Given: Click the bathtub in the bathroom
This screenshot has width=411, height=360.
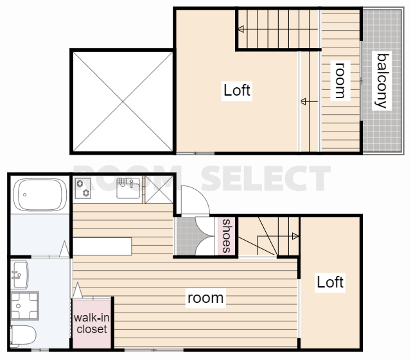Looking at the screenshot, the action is pos(40,194).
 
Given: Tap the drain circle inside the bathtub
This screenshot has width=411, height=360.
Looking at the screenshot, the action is pos(24,194).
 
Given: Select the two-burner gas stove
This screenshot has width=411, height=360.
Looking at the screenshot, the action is pos(83,188).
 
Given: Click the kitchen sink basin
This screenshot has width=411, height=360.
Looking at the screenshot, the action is pos(128,188).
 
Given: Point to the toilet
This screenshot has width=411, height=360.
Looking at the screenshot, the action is pos(22,335).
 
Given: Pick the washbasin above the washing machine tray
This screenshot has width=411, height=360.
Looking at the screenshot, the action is pos(20,275).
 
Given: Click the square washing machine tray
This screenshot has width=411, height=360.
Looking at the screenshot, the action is pos(25,306).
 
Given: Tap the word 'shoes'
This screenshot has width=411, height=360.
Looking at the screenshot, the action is pos(227,236).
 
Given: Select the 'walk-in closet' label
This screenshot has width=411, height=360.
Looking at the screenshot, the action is pos(92,323).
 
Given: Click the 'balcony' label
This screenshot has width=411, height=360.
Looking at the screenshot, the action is pos(382,81).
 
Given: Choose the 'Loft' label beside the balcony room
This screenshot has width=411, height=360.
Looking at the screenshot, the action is pos(237,90).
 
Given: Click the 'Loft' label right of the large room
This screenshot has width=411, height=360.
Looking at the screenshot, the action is pos(330,282).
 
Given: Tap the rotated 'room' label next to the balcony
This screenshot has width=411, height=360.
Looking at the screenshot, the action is pos(340,80).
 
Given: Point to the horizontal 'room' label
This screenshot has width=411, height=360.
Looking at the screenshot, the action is pos(205,298).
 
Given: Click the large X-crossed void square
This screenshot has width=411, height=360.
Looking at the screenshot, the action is pos(123,101).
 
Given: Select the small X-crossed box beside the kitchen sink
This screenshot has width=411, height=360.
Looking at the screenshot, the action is pos(159,190).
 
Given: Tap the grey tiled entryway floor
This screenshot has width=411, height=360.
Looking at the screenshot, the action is pos(186,236).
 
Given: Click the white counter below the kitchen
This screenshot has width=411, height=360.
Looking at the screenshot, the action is pos(102,246).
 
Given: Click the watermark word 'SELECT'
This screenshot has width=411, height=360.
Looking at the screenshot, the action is pos(265,178).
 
